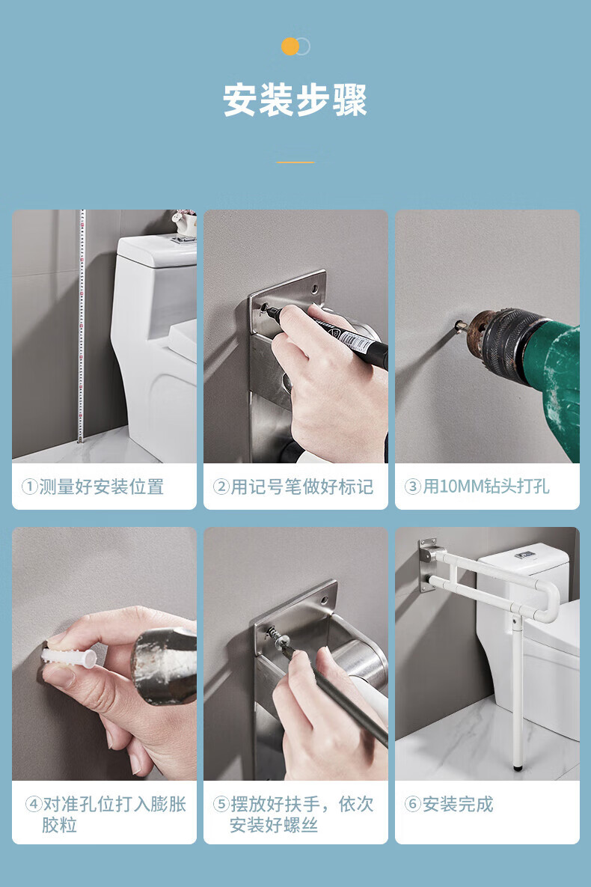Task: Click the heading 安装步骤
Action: (x=295, y=100)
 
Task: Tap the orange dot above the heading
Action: (x=290, y=46)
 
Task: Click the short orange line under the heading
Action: (x=295, y=162)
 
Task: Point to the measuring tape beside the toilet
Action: (x=82, y=326)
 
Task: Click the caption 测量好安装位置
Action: (x=101, y=487)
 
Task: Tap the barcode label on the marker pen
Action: (x=356, y=341)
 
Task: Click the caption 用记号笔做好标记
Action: (x=301, y=487)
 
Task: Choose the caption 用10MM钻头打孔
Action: (x=486, y=487)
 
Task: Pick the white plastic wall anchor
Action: (x=68, y=657)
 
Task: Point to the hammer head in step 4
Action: (x=164, y=665)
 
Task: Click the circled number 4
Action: (x=34, y=804)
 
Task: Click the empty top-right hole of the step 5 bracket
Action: (x=324, y=599)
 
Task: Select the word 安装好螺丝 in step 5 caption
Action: (x=273, y=826)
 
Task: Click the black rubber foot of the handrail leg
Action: (x=518, y=768)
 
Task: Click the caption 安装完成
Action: (x=458, y=804)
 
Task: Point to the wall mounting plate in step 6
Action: (x=428, y=564)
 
